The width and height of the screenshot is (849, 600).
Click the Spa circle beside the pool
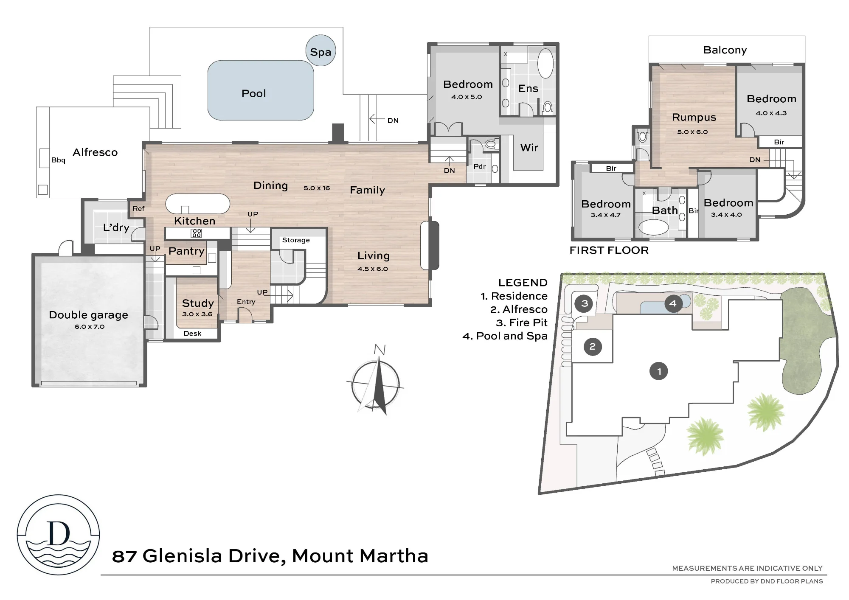(320, 50)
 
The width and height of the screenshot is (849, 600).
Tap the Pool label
(254, 93)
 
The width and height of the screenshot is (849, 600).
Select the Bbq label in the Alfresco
(58, 160)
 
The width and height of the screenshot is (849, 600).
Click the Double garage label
(88, 315)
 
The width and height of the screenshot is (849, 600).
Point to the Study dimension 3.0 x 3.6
(197, 314)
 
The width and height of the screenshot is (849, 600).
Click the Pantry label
(186, 251)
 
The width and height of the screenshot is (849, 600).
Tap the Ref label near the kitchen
(138, 208)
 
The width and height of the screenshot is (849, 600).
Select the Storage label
(296, 240)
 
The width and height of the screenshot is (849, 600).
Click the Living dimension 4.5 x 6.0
(373, 269)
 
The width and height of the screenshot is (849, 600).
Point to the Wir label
(529, 148)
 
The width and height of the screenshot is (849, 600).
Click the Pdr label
(480, 166)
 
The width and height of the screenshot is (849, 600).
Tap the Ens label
(528, 88)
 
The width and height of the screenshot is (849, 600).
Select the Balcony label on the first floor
(725, 50)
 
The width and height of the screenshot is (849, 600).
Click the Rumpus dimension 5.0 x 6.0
(692, 132)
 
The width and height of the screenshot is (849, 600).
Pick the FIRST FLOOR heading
(609, 250)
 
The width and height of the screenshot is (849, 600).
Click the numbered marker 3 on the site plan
(585, 303)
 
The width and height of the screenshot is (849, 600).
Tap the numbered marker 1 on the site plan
(659, 371)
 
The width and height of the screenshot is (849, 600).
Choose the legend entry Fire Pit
(522, 322)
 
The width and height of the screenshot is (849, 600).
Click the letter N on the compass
(380, 350)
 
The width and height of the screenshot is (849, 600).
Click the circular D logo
(59, 535)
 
